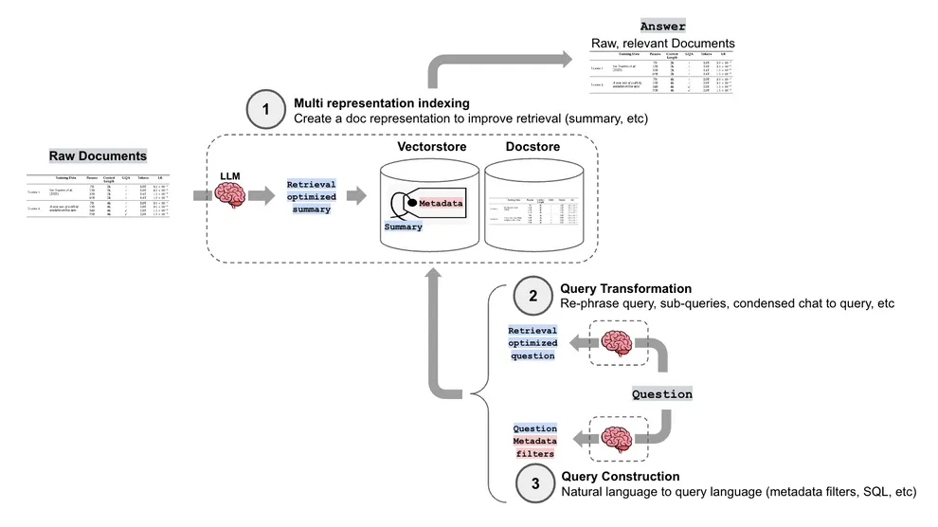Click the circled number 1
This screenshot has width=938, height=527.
click(266, 110)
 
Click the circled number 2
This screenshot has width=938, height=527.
click(532, 296)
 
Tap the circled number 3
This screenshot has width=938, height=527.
click(535, 483)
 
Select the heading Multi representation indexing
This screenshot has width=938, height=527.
click(381, 102)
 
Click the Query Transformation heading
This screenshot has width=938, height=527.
click(625, 288)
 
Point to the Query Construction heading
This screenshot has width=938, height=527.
click(621, 476)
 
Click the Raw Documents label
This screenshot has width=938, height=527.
click(98, 155)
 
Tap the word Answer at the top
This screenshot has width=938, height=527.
click(662, 27)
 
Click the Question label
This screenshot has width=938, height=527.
click(662, 393)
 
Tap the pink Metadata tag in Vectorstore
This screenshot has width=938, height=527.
click(441, 203)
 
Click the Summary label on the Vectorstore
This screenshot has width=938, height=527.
click(404, 227)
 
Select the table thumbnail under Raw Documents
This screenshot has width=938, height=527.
click(98, 196)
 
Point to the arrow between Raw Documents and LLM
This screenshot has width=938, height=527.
click(202, 196)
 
